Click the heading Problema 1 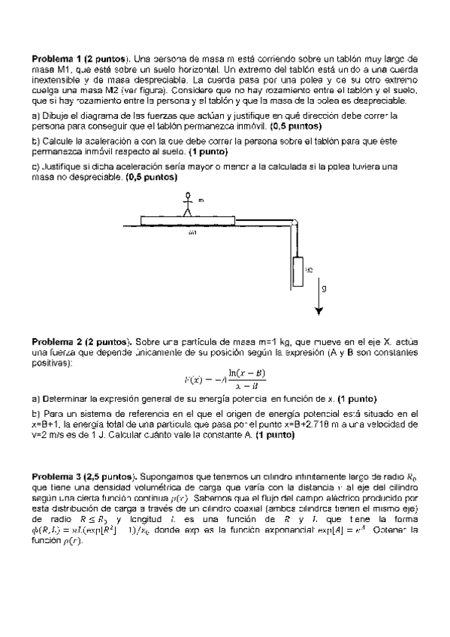pyautogui.click(x=54, y=58)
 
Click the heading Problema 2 pyautogui.click(x=54, y=340)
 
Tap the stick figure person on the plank pyautogui.click(x=189, y=204)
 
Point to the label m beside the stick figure pyautogui.click(x=201, y=201)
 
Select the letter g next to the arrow pyautogui.click(x=323, y=287)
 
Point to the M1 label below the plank pyautogui.click(x=194, y=234)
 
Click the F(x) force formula pyautogui.click(x=225, y=379)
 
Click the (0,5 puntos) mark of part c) pyautogui.click(x=152, y=177)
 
